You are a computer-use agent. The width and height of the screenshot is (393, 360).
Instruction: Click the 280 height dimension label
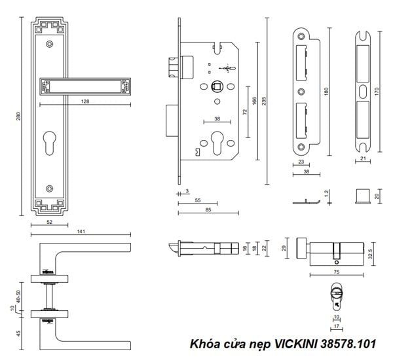click(18, 116)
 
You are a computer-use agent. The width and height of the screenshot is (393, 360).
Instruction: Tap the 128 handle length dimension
click(85, 101)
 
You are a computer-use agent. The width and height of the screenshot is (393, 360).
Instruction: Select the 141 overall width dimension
click(81, 231)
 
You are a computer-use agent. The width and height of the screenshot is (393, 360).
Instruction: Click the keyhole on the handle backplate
click(50, 143)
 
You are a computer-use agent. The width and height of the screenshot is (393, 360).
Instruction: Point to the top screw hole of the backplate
click(50, 45)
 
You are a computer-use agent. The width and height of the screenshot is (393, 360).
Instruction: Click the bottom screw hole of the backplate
click(50, 189)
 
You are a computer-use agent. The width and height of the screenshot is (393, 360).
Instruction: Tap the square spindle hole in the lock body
click(215, 86)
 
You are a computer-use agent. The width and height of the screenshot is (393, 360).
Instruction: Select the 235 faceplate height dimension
click(264, 101)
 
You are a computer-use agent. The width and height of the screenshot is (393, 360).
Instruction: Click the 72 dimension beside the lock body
click(245, 112)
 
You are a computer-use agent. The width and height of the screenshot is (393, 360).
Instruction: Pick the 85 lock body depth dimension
click(208, 209)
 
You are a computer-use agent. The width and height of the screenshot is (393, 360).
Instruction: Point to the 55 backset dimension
click(198, 200)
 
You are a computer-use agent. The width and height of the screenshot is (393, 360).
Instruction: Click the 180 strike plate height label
click(326, 92)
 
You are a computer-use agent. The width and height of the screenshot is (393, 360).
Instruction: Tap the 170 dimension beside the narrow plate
click(376, 92)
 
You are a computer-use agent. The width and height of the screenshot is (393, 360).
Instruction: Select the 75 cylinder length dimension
click(337, 272)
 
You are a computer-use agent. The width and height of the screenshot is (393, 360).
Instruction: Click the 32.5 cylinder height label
click(371, 254)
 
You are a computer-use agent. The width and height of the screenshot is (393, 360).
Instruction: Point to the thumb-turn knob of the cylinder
click(301, 248)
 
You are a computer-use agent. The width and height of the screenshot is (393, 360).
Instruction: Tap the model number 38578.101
click(348, 344)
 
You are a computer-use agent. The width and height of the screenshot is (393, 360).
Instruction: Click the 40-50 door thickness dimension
click(18, 297)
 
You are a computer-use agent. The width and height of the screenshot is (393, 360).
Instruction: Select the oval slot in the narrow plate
click(362, 91)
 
